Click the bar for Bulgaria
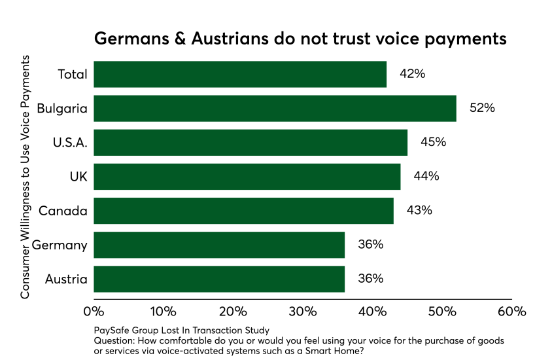pos(275,108)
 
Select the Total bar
pos(240,74)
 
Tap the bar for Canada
pos(243,211)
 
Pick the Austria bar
pos(219,279)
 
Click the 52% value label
pos(482,108)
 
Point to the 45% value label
pos(433,142)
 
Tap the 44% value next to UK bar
pos(426,176)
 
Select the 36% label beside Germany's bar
pos(370,245)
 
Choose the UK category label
pos(78,176)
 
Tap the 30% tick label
pos(303,311)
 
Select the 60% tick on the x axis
pos(511,311)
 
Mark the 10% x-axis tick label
pos(164,311)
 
